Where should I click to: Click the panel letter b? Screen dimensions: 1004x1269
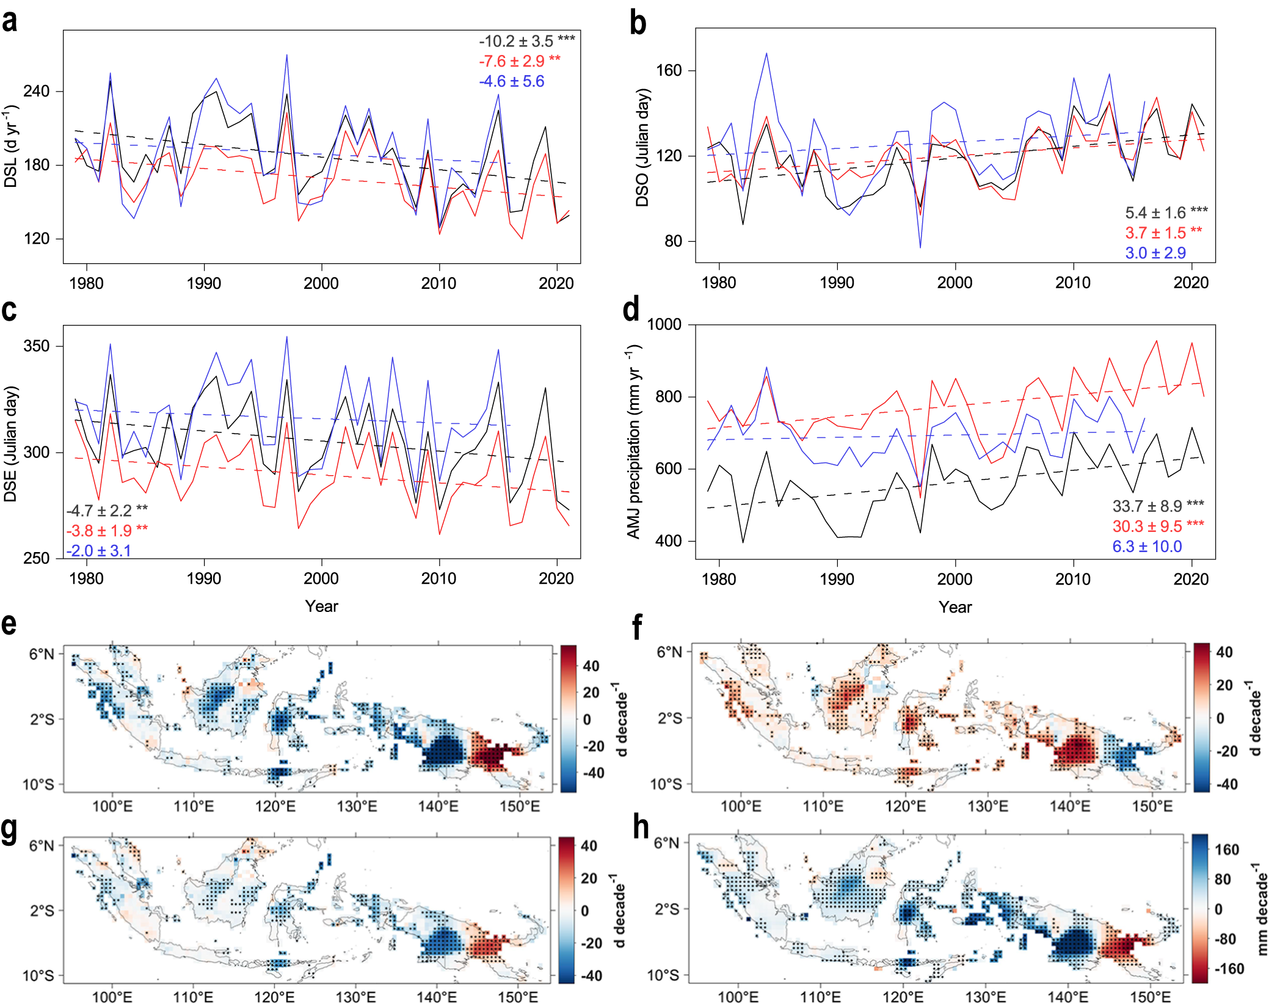(x=638, y=23)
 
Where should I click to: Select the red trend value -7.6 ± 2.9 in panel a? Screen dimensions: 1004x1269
(x=519, y=61)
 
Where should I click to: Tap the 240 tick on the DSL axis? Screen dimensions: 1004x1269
(x=36, y=91)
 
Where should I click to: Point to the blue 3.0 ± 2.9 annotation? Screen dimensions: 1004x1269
(x=1155, y=253)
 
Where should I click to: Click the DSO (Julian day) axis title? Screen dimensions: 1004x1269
(x=642, y=147)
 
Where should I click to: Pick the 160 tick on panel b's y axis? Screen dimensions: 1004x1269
(x=668, y=70)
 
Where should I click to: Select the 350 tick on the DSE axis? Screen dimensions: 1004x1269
(x=36, y=346)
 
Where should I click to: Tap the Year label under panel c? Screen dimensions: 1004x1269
(x=321, y=606)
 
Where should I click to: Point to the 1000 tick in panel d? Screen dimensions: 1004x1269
(x=664, y=324)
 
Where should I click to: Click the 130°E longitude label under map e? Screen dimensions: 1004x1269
(x=357, y=806)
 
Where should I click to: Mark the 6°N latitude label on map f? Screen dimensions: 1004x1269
(x=669, y=652)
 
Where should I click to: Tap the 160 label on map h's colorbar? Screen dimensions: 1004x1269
(x=1226, y=849)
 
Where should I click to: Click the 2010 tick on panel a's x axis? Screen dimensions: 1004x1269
(x=438, y=283)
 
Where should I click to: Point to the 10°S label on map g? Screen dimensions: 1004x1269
(x=38, y=975)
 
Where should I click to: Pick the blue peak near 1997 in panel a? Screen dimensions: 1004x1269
(x=286, y=55)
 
